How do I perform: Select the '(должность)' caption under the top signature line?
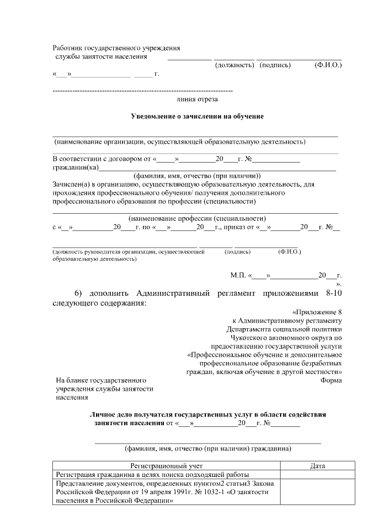(234, 66)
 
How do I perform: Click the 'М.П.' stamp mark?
(238, 275)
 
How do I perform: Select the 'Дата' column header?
(317, 466)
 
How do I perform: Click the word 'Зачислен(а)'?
(71, 184)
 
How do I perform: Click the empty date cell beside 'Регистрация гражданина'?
(317, 475)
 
